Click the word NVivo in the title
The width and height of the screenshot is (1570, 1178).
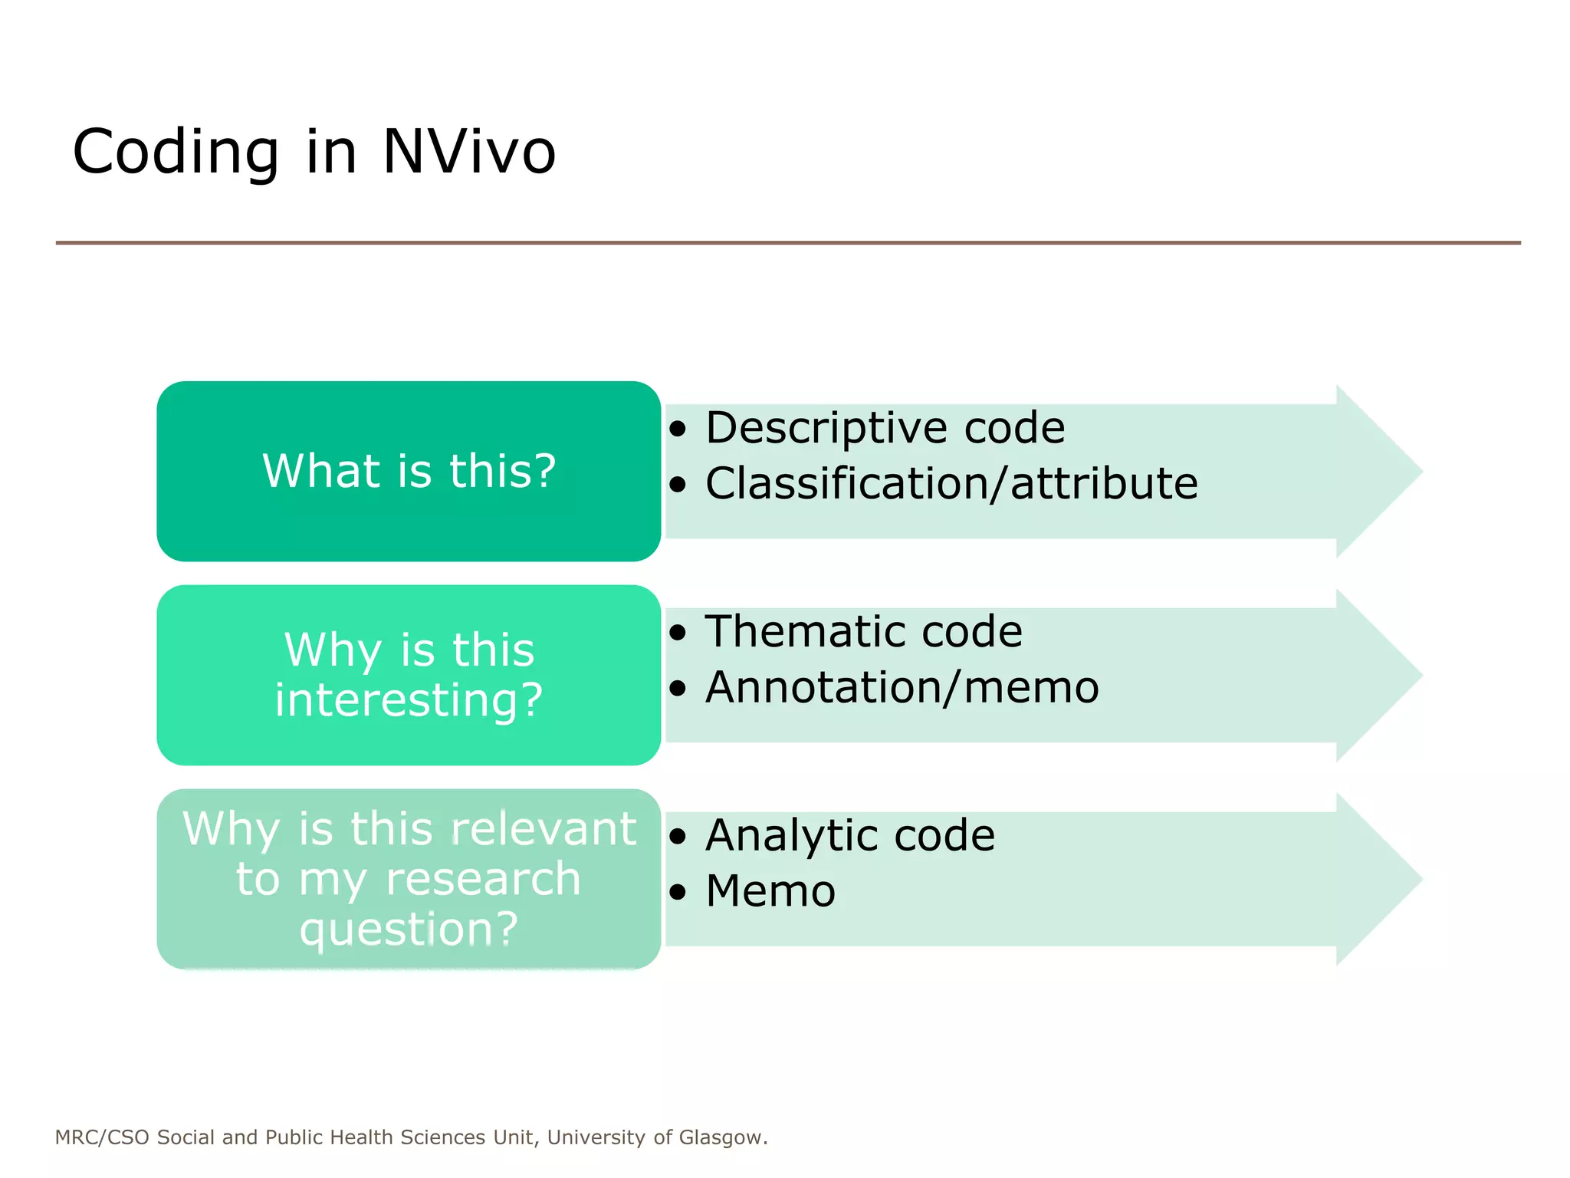(x=468, y=152)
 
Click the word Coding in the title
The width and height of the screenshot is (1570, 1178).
(x=176, y=152)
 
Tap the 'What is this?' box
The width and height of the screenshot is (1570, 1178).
(x=409, y=471)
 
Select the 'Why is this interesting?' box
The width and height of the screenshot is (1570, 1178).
(x=409, y=675)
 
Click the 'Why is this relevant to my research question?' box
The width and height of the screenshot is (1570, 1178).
(x=409, y=879)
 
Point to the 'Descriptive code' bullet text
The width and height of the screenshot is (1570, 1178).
(x=885, y=427)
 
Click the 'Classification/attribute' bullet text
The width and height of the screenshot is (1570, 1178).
(x=951, y=483)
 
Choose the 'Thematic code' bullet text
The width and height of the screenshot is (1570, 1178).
(x=863, y=631)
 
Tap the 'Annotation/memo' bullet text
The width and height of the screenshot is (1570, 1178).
(x=902, y=687)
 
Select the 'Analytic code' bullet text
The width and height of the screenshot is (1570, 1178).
(x=849, y=835)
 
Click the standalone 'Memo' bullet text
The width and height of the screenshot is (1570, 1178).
(x=770, y=891)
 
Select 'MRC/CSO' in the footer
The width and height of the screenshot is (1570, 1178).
(x=102, y=1137)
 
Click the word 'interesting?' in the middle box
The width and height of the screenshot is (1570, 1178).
(x=409, y=700)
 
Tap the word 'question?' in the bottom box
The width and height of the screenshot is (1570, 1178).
(x=409, y=929)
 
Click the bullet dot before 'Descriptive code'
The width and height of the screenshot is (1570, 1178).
(x=677, y=429)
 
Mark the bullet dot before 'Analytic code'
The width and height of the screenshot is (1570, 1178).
(x=677, y=837)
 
